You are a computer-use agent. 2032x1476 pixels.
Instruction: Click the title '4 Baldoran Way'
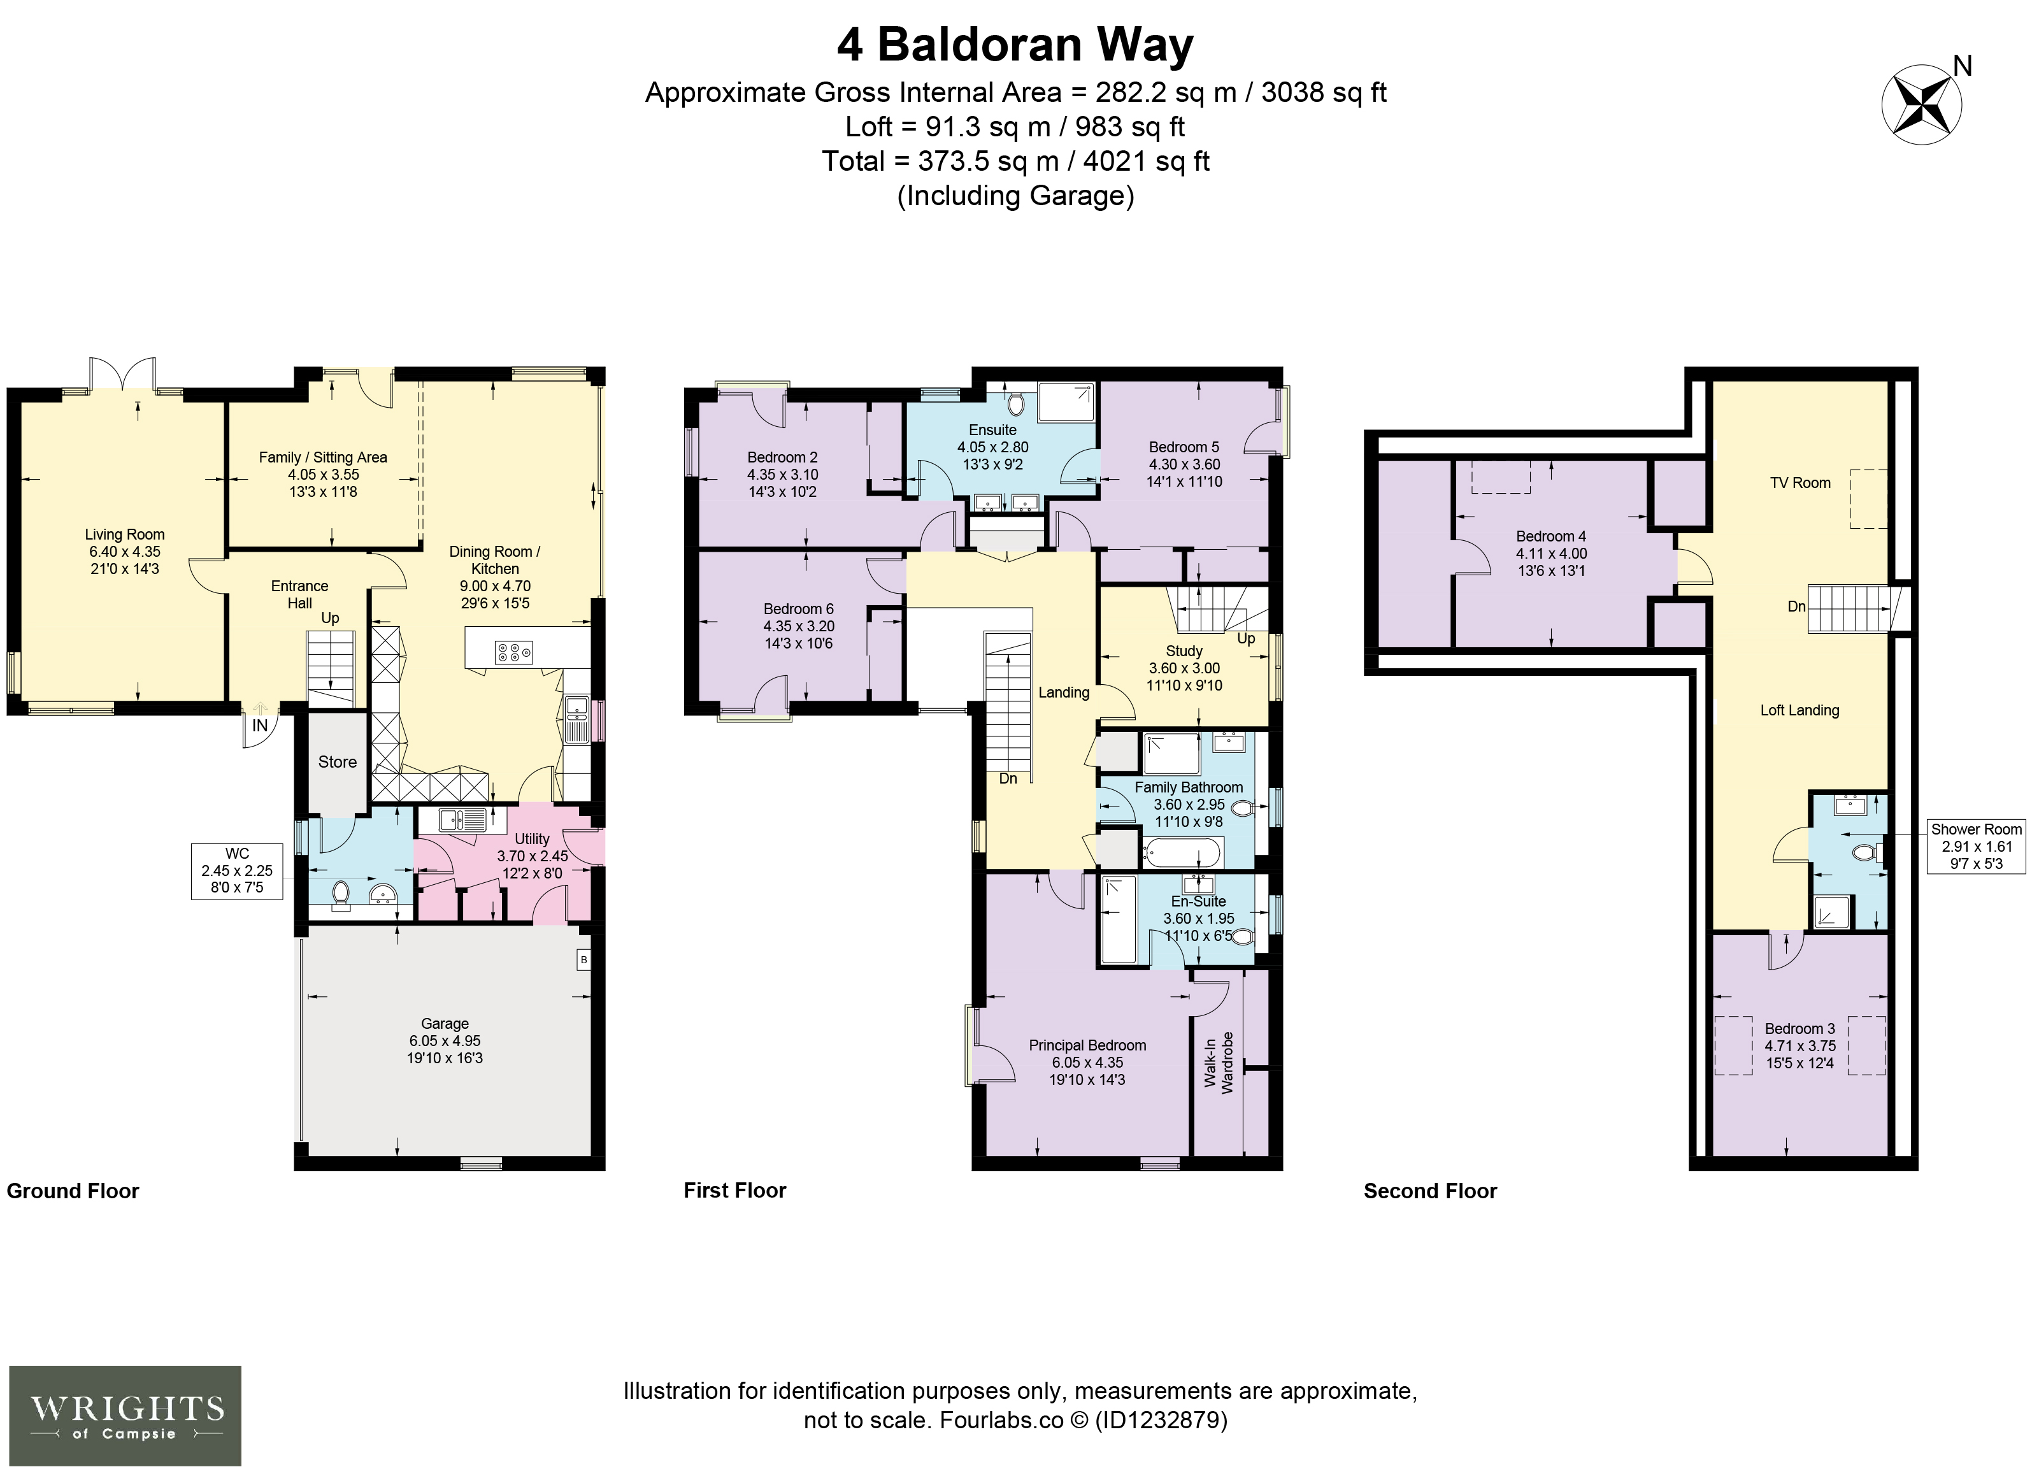click(x=1015, y=45)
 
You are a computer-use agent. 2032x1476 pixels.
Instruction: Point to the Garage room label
click(x=445, y=1024)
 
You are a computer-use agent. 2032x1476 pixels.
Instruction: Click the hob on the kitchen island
click(x=514, y=652)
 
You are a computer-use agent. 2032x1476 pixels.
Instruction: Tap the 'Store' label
click(x=337, y=762)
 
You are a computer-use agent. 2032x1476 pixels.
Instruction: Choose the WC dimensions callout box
click(x=238, y=870)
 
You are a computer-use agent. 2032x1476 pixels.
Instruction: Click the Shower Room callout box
click(x=1977, y=847)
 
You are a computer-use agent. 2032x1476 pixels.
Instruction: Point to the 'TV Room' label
click(x=1800, y=483)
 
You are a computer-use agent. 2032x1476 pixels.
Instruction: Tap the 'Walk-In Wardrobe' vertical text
click(x=1219, y=1062)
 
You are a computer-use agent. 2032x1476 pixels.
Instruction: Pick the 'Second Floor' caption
click(x=1430, y=1191)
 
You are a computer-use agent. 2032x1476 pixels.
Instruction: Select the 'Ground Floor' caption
click(x=73, y=1191)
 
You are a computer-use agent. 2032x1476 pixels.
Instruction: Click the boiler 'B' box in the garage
click(x=583, y=960)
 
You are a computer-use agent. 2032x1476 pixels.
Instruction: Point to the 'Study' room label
click(x=1184, y=650)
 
